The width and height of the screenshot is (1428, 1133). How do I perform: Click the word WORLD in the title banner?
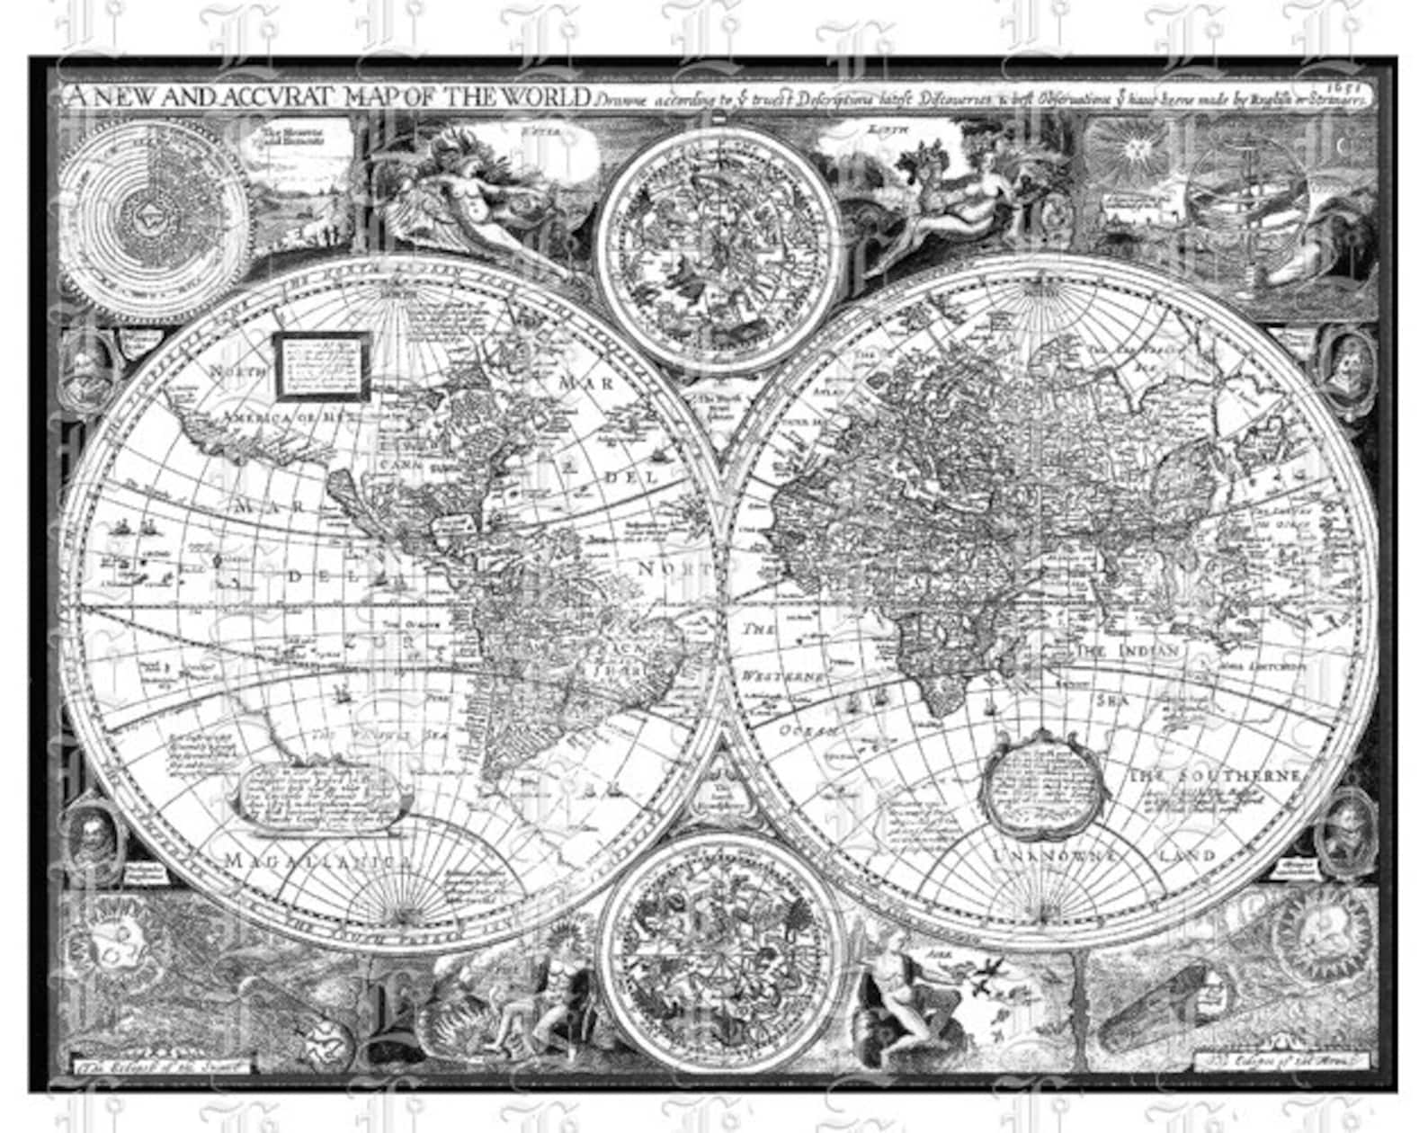[x=547, y=97]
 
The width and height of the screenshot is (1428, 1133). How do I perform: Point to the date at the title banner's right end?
[x=1357, y=88]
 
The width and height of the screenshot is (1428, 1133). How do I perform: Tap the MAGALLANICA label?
[x=318, y=860]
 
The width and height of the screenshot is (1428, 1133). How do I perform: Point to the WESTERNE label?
[x=783, y=674]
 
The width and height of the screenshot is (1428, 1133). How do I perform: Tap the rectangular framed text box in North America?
[x=322, y=364]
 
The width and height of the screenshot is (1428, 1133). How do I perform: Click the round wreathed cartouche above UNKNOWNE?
[x=1042, y=786]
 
